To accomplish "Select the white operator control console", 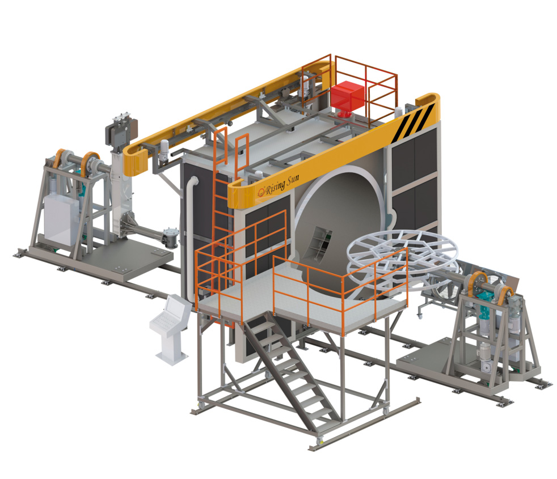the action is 171,329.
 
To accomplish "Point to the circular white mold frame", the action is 402,255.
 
